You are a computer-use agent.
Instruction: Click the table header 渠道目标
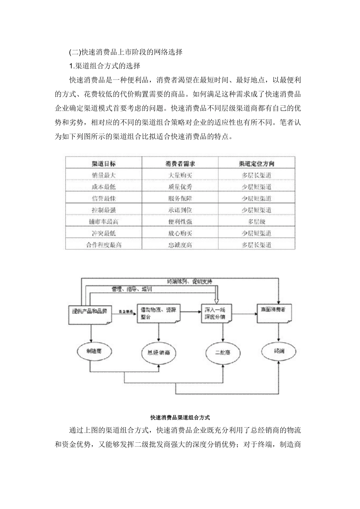[103, 164]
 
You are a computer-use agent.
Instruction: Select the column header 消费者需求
[180, 164]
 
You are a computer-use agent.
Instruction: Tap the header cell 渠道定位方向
[257, 164]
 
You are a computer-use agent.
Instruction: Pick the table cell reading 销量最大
[103, 175]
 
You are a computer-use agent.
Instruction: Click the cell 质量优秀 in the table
[180, 187]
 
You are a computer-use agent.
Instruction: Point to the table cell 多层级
[257, 222]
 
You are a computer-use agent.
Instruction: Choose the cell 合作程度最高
[103, 245]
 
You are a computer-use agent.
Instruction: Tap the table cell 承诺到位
[180, 210]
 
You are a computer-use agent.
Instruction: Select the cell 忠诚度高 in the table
[180, 245]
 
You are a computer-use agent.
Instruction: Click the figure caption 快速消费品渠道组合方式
[180, 418]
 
